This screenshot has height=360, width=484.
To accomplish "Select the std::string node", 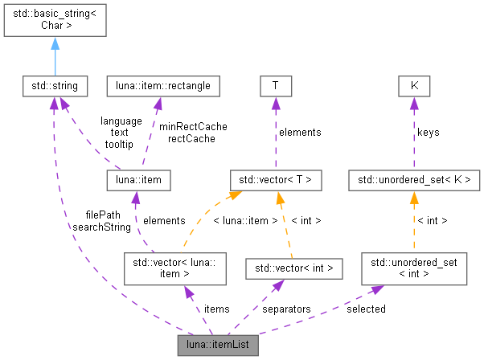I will (54, 84).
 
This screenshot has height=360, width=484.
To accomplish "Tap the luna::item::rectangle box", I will (163, 84).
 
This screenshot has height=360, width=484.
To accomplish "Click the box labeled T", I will (276, 84).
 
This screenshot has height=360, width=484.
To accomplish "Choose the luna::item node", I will (139, 180).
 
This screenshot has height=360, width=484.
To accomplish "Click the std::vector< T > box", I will (276, 180).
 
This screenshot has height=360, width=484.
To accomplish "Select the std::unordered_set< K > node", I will (414, 180).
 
